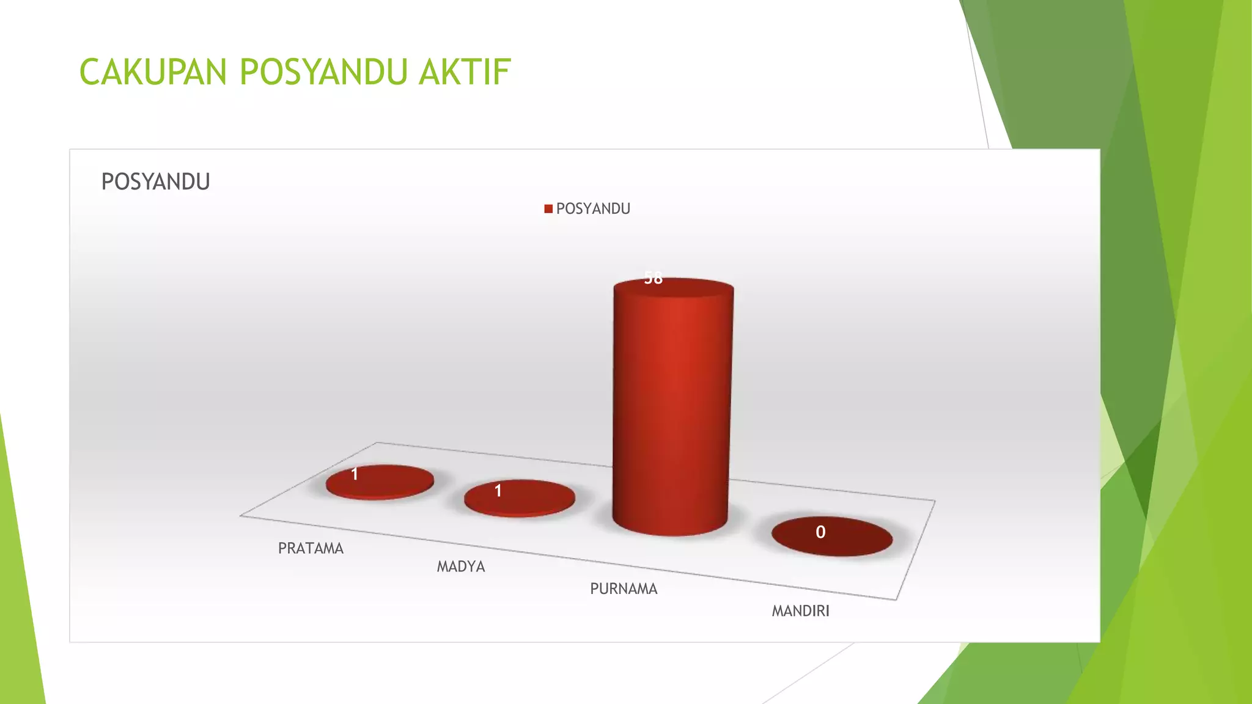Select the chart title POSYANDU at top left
pos(155,182)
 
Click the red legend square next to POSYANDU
pos(548,209)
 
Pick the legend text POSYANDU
pos(593,209)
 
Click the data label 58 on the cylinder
pos(653,279)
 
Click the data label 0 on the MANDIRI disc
pos(820,532)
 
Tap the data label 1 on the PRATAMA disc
pos(355,474)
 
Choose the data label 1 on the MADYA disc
pos(498,491)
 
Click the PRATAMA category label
pos(311,549)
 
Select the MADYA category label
pos(461,567)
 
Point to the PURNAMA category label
pos(624,589)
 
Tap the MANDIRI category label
pos(800,611)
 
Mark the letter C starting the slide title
pos(90,72)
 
